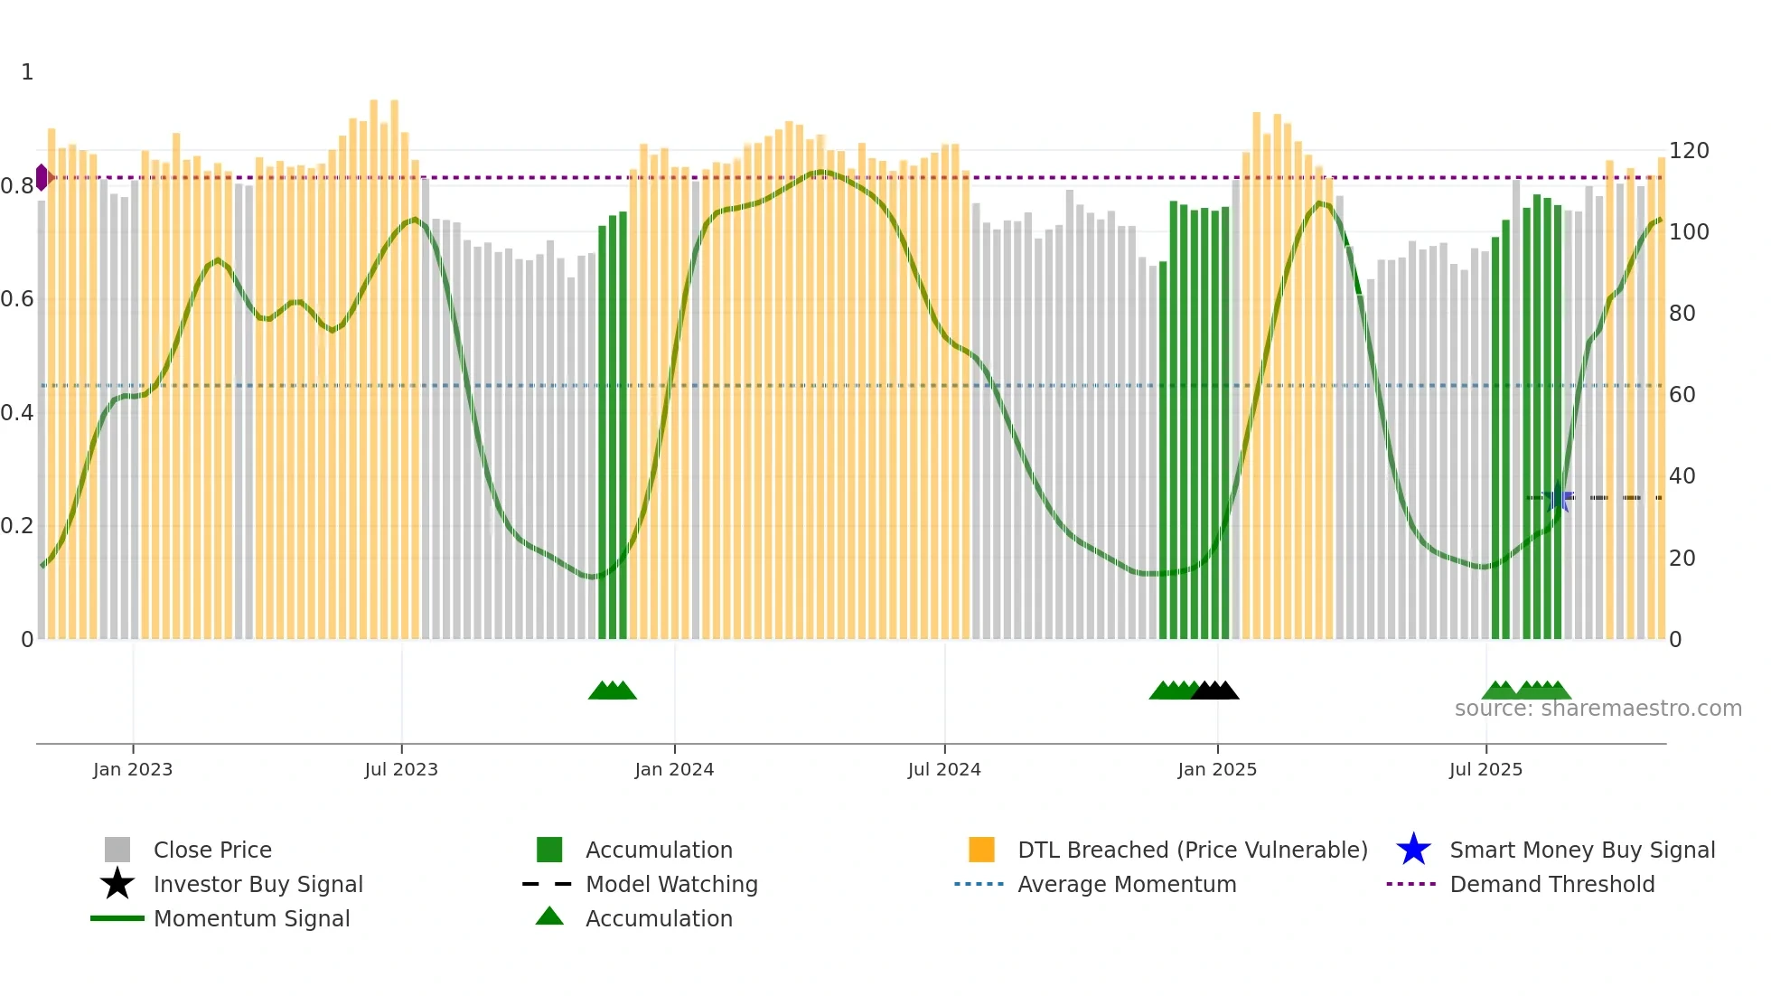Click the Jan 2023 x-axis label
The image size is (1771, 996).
click(132, 769)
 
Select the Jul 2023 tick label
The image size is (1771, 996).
click(401, 769)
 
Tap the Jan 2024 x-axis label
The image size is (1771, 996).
click(674, 769)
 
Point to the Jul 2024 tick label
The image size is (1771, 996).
click(944, 769)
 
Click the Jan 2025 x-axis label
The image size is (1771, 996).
click(1217, 769)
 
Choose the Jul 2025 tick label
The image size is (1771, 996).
click(1485, 769)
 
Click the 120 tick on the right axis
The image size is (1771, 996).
click(1689, 151)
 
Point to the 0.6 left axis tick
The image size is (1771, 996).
click(17, 299)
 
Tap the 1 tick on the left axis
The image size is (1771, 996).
click(27, 72)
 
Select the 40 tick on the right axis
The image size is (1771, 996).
click(1682, 476)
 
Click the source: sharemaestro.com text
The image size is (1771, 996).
click(1598, 709)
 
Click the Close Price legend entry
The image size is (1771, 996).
click(212, 850)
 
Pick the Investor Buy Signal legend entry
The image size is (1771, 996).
click(258, 884)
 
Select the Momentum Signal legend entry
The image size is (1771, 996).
click(251, 918)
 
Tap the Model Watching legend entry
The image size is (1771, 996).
click(671, 884)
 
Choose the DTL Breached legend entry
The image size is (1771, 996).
click(1192, 850)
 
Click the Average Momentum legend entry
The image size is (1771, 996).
click(1127, 884)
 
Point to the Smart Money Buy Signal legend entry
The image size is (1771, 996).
click(1582, 850)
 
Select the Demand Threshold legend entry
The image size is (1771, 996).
click(1551, 884)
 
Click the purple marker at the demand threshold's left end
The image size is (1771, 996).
click(42, 177)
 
